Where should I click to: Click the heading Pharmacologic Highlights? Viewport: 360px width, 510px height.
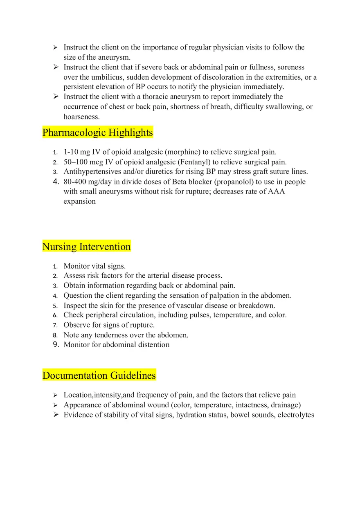click(x=97, y=133)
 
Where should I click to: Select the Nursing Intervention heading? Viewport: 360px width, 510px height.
click(x=86, y=247)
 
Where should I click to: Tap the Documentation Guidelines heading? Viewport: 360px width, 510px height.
click(x=99, y=375)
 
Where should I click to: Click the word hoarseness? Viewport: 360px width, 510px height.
click(x=81, y=117)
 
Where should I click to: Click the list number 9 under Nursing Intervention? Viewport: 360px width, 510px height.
click(x=56, y=345)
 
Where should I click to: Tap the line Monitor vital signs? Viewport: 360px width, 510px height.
click(x=94, y=266)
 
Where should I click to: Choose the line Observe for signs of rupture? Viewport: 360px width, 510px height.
click(x=109, y=325)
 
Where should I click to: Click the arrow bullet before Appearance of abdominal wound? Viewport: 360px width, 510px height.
click(x=55, y=405)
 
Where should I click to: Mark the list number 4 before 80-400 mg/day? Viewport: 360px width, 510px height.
click(x=56, y=182)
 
